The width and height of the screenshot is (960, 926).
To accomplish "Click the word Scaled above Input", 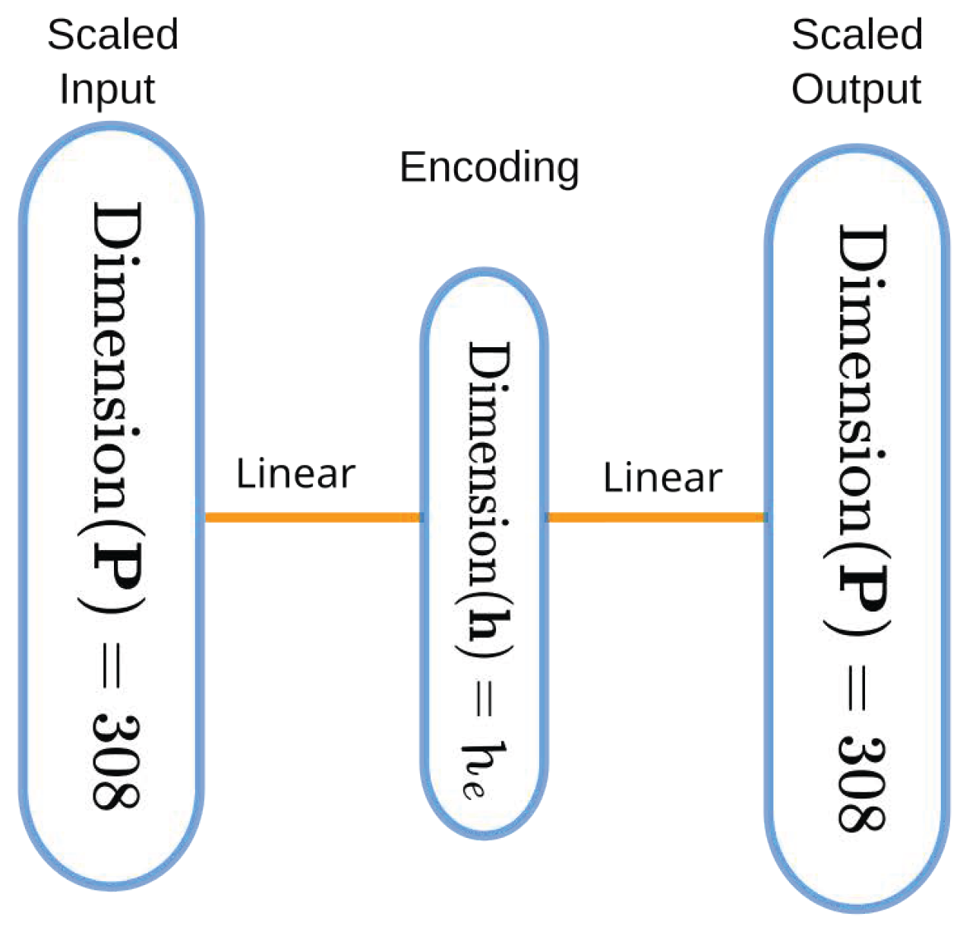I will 112,35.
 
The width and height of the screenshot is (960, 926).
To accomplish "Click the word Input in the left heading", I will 107,89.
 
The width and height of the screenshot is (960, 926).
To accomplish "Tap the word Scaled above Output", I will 857,35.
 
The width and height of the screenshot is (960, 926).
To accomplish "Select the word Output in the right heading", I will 856,89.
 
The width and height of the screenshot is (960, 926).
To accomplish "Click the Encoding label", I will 489,168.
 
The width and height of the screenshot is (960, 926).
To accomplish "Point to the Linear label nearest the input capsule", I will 295,473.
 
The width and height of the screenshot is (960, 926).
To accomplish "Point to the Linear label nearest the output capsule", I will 662,478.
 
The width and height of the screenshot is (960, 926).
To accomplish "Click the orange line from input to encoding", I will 311,517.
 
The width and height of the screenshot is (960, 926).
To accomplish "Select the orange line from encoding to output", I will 655,517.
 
